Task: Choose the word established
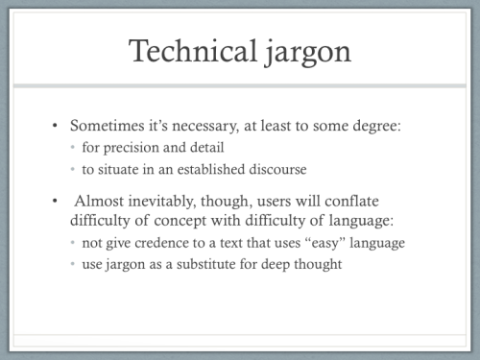(x=210, y=169)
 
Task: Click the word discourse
(x=280, y=169)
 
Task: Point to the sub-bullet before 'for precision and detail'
(x=73, y=149)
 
